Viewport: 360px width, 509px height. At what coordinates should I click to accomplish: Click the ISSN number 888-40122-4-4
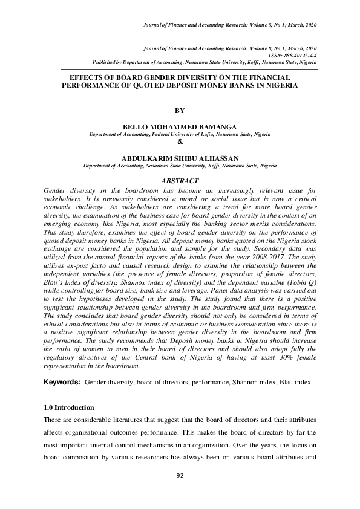pos(296,56)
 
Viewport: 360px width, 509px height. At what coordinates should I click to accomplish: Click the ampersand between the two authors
pos(180,142)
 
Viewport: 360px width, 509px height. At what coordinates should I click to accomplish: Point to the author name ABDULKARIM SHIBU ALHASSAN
pos(180,158)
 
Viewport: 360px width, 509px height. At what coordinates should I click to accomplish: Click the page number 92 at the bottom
pos(180,475)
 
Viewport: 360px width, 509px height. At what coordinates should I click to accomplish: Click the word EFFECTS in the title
pos(89,78)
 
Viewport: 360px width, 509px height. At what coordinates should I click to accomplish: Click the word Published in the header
pos(106,62)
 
